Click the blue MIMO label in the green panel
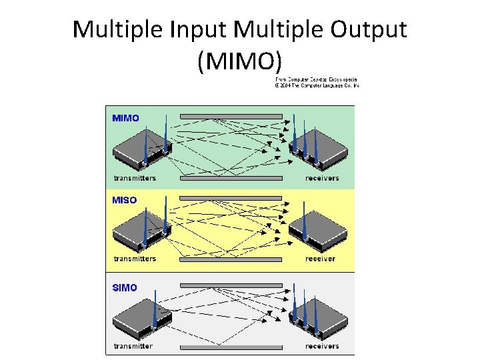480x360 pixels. [x=126, y=119]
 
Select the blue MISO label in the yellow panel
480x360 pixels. [x=125, y=200]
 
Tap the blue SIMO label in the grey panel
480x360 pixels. [x=125, y=288]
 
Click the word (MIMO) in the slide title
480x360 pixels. [x=240, y=61]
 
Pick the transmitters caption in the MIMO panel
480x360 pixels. [x=135, y=178]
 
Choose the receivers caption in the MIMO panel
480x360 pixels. [x=322, y=178]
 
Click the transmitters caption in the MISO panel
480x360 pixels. [x=135, y=259]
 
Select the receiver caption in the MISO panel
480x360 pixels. [x=320, y=259]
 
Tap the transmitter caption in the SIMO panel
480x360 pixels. [x=133, y=346]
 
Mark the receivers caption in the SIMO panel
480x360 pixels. [x=322, y=346]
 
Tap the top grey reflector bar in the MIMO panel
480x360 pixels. [x=231, y=117]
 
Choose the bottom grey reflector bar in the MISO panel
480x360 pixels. [x=231, y=260]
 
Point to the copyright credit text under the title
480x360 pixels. [x=317, y=83]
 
